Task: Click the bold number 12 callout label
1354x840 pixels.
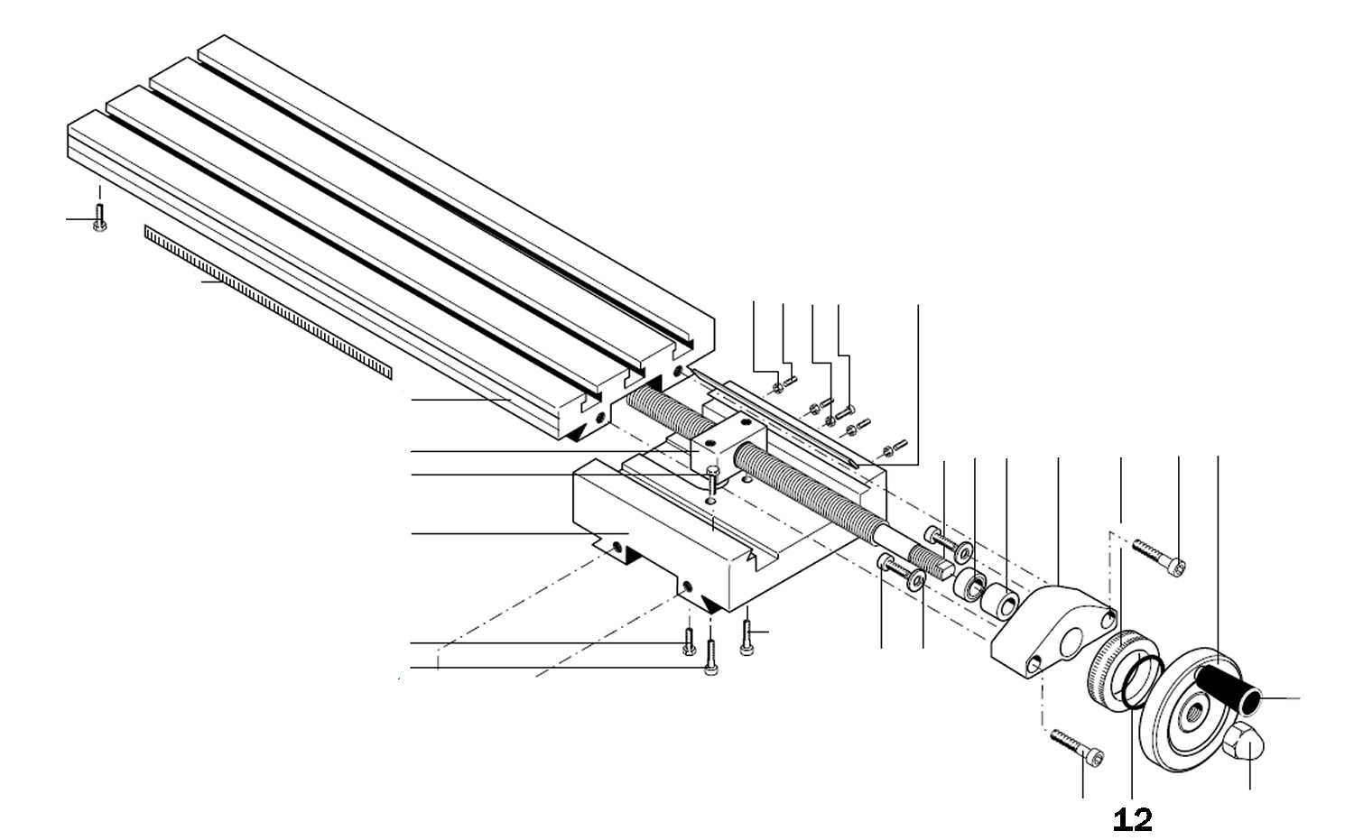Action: [x=1133, y=819]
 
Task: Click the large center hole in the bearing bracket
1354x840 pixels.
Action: [x=1072, y=643]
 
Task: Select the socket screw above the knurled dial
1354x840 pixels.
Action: [x=1160, y=555]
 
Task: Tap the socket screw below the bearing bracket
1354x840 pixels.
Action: [x=1078, y=748]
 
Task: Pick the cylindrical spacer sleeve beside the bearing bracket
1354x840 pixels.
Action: [x=1001, y=602]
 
